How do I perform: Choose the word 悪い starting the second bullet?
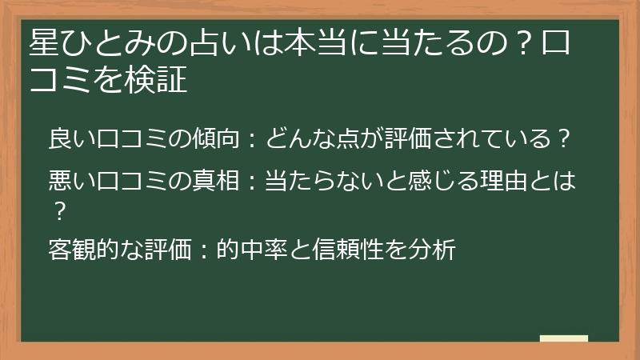71,182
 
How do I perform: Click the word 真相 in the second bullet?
214,182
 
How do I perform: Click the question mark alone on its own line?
58,210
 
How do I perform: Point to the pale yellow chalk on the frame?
563,338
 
